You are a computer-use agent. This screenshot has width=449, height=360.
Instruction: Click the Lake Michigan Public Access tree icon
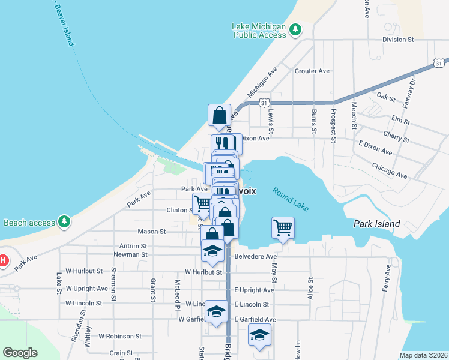[295, 29]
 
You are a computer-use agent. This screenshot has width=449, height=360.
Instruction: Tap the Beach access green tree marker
[64, 222]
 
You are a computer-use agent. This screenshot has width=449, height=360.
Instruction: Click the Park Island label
[376, 224]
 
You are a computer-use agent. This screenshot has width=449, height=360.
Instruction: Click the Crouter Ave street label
[312, 71]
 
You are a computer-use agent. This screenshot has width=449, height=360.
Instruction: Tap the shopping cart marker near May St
[283, 227]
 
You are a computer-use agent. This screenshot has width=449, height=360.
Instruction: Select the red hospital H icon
[3, 260]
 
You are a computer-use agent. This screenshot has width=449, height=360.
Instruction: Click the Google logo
[20, 352]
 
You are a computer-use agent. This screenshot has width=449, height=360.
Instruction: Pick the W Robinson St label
[120, 337]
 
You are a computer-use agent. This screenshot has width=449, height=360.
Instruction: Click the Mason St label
[152, 231]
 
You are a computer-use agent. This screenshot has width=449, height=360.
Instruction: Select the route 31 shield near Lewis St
[264, 103]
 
